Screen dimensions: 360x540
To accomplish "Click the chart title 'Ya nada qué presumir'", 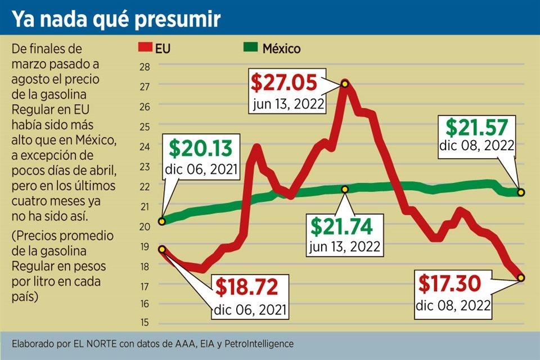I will pos(116,20).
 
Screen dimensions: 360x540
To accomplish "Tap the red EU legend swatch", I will pos(145,49).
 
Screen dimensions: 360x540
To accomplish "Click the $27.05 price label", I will pos(284,83).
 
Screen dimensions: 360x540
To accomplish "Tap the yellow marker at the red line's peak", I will pos(344,84).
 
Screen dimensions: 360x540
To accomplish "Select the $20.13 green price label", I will pos(200,149).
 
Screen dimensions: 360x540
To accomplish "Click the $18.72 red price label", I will pos(246,287).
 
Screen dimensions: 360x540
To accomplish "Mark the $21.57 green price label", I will pos(477,126).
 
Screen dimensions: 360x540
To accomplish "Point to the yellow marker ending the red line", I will pos(521,277).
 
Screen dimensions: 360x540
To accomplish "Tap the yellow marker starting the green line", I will pos(162,221).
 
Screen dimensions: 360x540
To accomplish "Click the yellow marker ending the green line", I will pos(521,192).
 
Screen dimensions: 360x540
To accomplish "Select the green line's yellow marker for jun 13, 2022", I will pos(345,189).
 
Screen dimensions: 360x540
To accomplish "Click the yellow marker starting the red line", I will pos(162,249).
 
